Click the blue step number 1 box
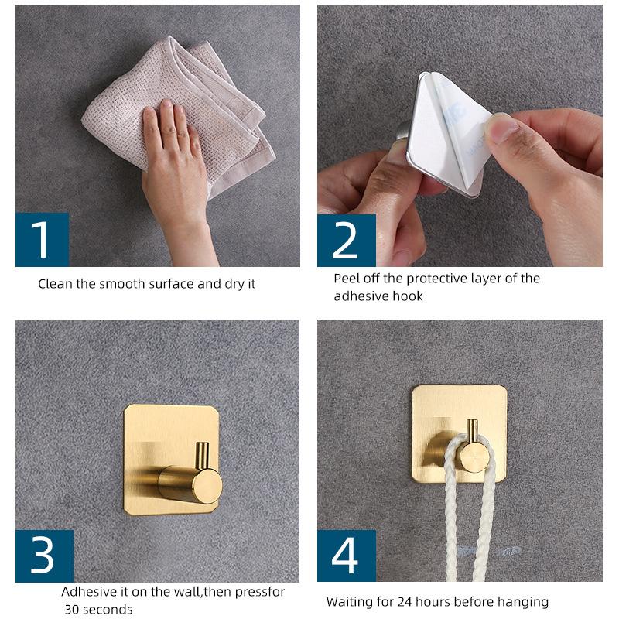43,240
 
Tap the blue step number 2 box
347,241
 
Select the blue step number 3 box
45,556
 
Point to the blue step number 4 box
347,556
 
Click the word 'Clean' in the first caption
55,284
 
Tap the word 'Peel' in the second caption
346,279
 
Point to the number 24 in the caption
405,602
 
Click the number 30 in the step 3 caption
72,609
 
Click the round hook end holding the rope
474,457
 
